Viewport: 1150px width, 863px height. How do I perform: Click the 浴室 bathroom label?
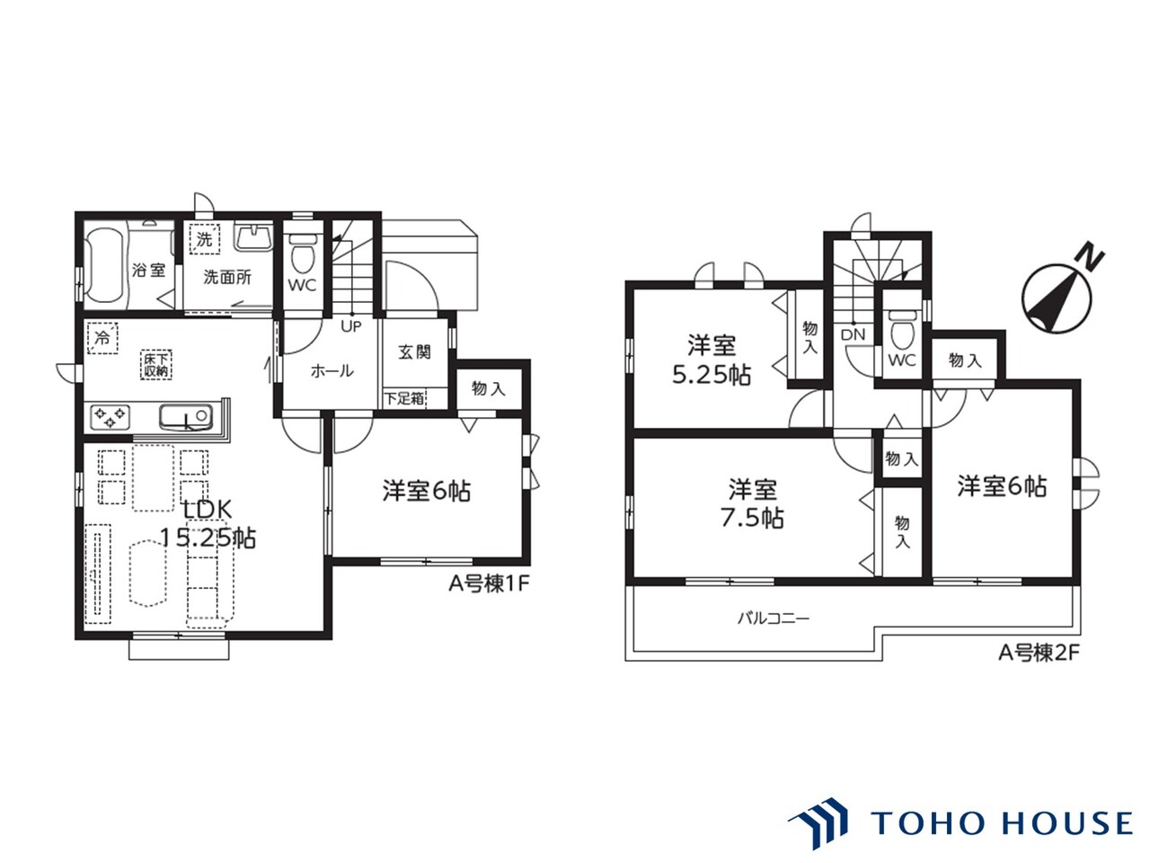(x=148, y=271)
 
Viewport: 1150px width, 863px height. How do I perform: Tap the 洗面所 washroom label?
(x=227, y=277)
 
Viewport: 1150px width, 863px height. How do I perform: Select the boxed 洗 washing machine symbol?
(x=204, y=239)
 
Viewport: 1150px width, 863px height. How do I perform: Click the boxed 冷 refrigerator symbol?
(x=102, y=338)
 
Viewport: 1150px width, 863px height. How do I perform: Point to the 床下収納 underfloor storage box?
(x=156, y=365)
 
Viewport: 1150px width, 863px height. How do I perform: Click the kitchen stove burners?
(x=110, y=418)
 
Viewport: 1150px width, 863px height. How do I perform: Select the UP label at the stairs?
(x=351, y=326)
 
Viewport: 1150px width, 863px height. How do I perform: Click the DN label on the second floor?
(x=853, y=334)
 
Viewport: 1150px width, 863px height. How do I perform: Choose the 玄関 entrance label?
(x=415, y=352)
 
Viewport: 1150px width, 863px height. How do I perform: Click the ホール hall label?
(x=332, y=371)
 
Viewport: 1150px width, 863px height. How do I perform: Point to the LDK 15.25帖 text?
(x=208, y=523)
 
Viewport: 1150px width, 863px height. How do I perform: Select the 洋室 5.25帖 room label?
(x=712, y=360)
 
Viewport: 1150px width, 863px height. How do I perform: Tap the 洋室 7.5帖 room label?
(x=752, y=503)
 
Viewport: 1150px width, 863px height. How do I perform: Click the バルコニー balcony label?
(x=774, y=618)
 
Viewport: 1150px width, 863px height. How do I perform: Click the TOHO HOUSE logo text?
(x=1003, y=822)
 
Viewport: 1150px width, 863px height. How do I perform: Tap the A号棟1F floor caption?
(x=490, y=584)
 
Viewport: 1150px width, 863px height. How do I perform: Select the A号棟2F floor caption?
(x=1039, y=653)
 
